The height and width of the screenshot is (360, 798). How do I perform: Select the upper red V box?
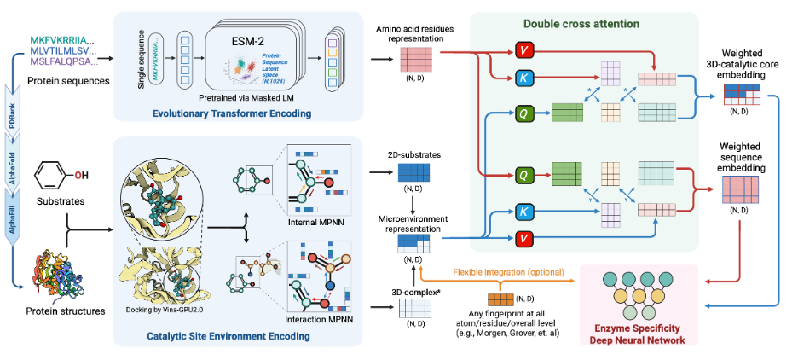coord(523,50)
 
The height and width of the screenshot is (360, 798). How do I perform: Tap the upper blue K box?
coord(523,79)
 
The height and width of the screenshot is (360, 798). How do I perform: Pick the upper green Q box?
coord(523,110)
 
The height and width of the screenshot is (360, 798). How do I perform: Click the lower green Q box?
coord(523,177)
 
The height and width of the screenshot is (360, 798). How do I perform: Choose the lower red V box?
coord(523,236)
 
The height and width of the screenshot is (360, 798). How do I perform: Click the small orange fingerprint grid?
coord(500,299)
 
